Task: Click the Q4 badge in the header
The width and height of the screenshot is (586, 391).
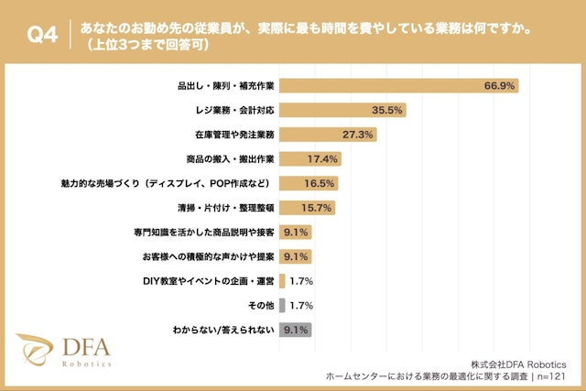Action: pyautogui.click(x=42, y=35)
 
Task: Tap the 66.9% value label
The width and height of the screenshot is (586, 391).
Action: pyautogui.click(x=501, y=86)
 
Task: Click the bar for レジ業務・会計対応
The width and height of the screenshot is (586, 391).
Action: pyautogui.click(x=342, y=110)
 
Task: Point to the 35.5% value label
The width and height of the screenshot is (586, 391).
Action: pyautogui.click(x=388, y=110)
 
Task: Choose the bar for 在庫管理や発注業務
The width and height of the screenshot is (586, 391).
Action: pyautogui.click(x=328, y=135)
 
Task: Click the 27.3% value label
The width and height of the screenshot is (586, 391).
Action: pyautogui.click(x=358, y=135)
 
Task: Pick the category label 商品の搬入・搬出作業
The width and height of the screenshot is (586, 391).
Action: pyautogui.click(x=227, y=158)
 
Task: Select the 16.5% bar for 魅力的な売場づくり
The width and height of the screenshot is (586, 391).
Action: pyautogui.click(x=309, y=183)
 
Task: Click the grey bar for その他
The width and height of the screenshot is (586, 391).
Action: pyautogui.click(x=282, y=305)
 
